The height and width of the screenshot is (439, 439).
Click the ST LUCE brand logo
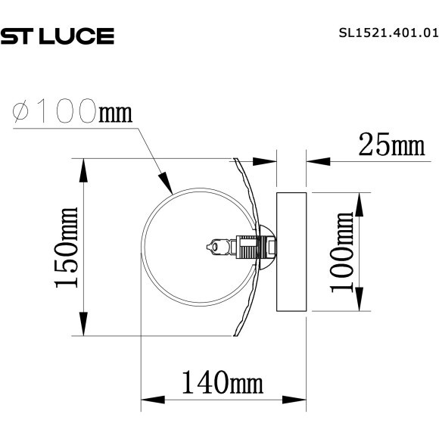click(57, 35)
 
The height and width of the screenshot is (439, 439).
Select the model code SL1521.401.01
click(386, 33)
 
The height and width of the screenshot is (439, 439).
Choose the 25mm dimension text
click(392, 144)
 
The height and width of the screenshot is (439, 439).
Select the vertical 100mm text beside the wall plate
click(342, 251)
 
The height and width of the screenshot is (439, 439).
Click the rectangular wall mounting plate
click(291, 251)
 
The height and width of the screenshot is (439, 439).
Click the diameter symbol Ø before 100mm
click(23, 113)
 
